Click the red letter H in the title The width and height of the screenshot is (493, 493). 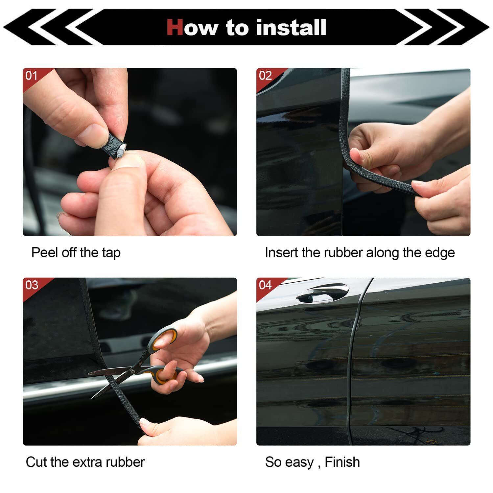click(x=175, y=27)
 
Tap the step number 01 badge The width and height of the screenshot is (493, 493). click(x=32, y=76)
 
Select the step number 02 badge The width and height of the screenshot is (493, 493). click(x=265, y=76)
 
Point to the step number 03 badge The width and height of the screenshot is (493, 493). click(x=32, y=285)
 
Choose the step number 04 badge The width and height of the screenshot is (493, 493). click(x=266, y=285)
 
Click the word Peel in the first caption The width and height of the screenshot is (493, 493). click(x=44, y=252)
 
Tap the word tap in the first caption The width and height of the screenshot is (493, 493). click(x=111, y=253)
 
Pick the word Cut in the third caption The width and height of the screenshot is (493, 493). click(x=37, y=462)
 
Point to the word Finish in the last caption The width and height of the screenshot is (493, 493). click(x=342, y=462)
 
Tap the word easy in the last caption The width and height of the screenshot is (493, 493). click(x=299, y=463)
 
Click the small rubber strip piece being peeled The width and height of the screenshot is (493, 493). click(x=116, y=146)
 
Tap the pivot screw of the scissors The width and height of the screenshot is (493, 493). click(x=132, y=370)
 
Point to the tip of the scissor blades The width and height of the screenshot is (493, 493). click(x=89, y=372)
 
